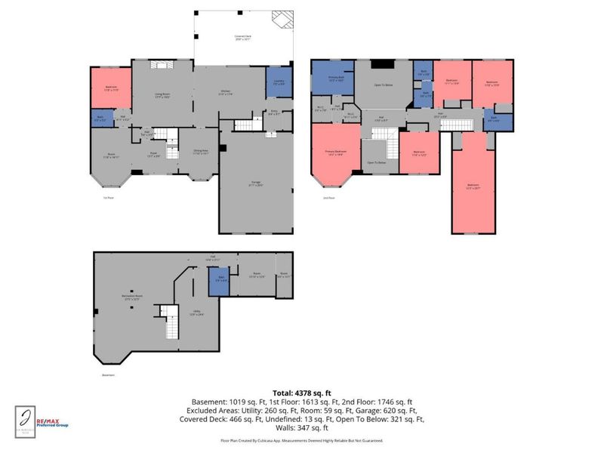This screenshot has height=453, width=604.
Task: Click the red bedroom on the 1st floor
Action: (x=111, y=88)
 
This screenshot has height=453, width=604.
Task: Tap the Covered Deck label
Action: (x=243, y=38)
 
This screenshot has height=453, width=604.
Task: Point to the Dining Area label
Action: (x=201, y=152)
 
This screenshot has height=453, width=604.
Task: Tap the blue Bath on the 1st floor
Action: (x=100, y=117)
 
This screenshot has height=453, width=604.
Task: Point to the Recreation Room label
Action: (x=132, y=297)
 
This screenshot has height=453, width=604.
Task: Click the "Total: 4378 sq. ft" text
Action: (x=301, y=393)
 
